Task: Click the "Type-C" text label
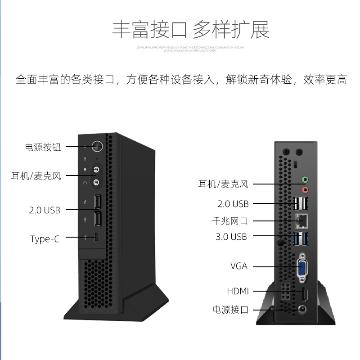(45, 238)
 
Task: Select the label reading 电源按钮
(43, 147)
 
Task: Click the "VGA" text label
(239, 266)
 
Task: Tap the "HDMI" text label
(238, 291)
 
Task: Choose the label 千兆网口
(230, 221)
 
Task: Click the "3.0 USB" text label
(231, 237)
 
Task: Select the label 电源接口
(230, 310)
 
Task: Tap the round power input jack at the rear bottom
(303, 309)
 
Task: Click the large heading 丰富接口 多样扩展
(190, 30)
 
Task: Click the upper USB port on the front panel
(97, 202)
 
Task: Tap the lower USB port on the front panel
(97, 219)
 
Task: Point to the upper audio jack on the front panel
(96, 170)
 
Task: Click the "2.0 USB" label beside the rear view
(233, 204)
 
